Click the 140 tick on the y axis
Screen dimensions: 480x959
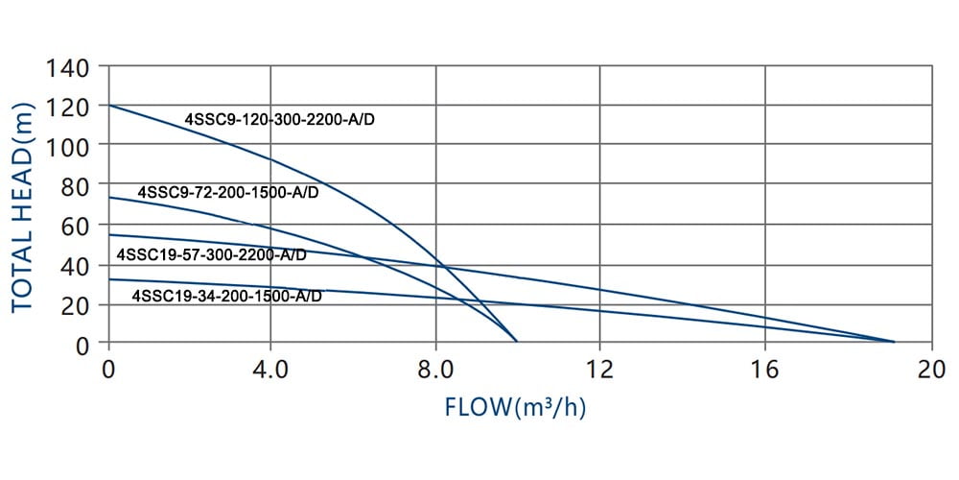71,68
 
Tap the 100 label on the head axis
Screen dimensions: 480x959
71,145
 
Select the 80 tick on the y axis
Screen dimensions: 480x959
77,185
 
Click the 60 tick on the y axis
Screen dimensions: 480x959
77,225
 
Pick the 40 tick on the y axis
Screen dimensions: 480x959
77,265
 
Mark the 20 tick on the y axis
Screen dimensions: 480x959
77,304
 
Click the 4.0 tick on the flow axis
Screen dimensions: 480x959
271,368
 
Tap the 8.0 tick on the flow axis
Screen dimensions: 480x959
436,368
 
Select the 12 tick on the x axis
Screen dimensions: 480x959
599,368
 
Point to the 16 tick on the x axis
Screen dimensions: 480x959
764,368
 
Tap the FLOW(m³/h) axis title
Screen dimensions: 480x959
516,407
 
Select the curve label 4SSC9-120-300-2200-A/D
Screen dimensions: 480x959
279,120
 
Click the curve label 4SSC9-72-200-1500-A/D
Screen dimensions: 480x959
228,192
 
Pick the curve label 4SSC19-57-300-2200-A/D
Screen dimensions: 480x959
212,255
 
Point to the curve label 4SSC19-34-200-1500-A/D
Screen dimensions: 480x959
226,296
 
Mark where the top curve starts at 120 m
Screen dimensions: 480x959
109,106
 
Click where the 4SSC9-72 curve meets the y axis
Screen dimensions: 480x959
109,198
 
